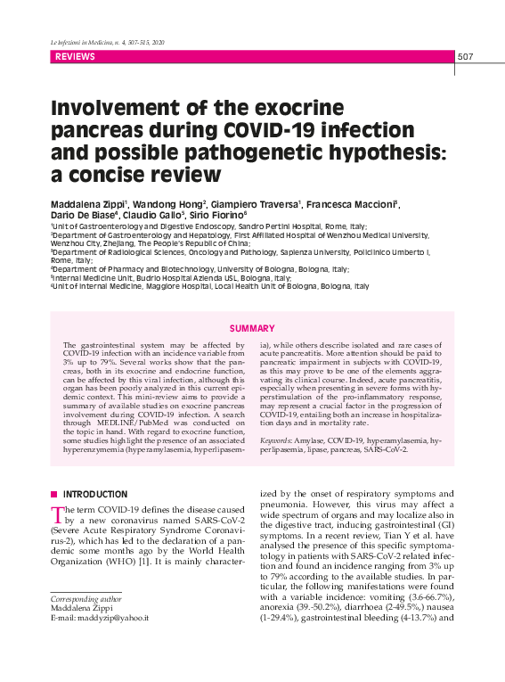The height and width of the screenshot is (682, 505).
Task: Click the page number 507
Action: click(x=465, y=57)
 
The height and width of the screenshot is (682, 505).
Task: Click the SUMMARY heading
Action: click(x=252, y=329)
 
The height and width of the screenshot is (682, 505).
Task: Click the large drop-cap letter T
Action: click(x=58, y=514)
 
